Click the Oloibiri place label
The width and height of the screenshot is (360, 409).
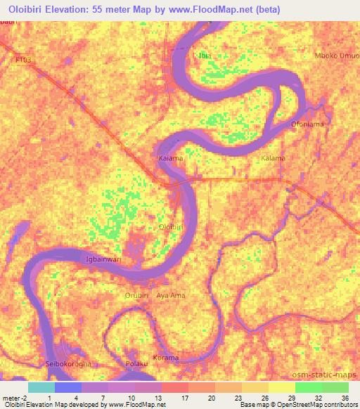tap(171, 228)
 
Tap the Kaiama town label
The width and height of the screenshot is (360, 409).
tap(171, 159)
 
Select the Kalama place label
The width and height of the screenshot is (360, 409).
tap(273, 158)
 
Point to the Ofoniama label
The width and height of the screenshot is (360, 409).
tap(307, 124)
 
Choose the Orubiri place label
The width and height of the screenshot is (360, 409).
tap(139, 295)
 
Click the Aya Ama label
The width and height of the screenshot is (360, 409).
tap(171, 295)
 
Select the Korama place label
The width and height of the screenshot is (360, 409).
tap(167, 358)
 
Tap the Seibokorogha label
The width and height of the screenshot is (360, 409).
tap(70, 363)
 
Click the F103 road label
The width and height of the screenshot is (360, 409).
tap(23, 61)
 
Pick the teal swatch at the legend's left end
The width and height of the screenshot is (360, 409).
tap(41, 387)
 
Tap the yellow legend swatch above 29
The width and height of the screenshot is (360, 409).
tap(282, 387)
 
